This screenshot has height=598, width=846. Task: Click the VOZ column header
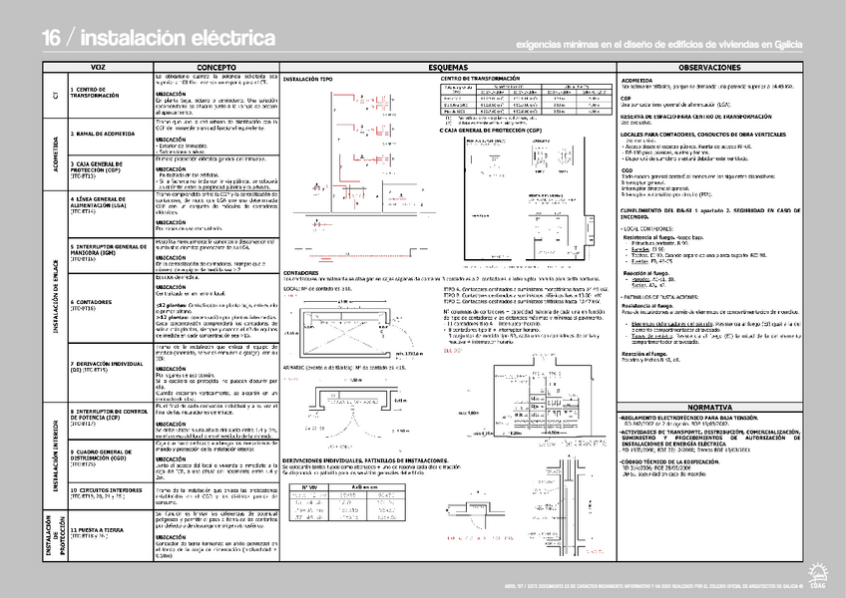coord(98,67)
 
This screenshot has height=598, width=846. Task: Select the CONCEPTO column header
coord(215,67)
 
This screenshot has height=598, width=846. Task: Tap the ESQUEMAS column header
coord(448,67)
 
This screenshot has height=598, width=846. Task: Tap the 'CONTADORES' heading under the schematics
coord(301,272)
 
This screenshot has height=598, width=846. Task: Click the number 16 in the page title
coord(53,38)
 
